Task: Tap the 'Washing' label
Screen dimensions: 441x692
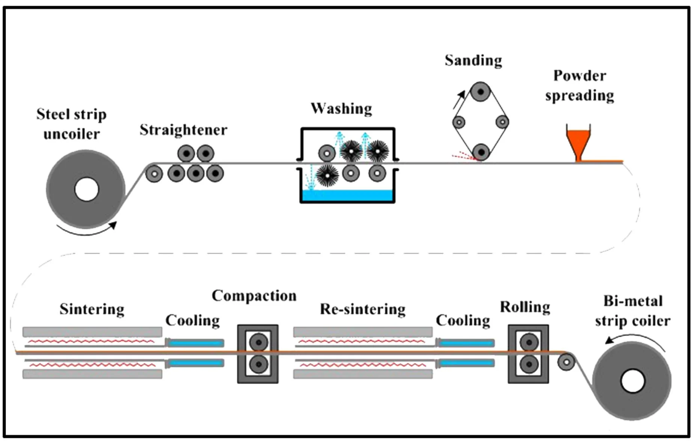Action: tap(341, 109)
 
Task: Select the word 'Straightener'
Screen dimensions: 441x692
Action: tap(183, 130)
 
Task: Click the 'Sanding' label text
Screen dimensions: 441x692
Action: tap(473, 61)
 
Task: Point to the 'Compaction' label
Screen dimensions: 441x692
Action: tap(254, 296)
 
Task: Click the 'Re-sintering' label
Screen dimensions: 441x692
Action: tap(362, 309)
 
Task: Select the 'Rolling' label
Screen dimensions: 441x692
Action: tap(525, 307)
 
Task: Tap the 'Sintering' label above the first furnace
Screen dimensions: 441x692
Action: tap(92, 309)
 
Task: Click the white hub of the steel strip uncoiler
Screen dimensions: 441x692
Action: tap(86, 189)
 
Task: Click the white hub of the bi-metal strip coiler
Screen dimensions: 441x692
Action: tap(633, 381)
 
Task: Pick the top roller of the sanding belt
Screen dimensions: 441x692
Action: tap(480, 91)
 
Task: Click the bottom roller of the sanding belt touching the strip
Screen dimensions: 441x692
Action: tap(480, 153)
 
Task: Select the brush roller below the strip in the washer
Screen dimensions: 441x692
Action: tap(327, 175)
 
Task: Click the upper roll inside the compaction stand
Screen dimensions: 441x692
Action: tap(258, 342)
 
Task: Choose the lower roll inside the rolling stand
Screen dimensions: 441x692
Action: tap(529, 364)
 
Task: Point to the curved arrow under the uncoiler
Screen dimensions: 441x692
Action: tap(86, 230)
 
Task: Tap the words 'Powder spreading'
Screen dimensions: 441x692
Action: tap(579, 85)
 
